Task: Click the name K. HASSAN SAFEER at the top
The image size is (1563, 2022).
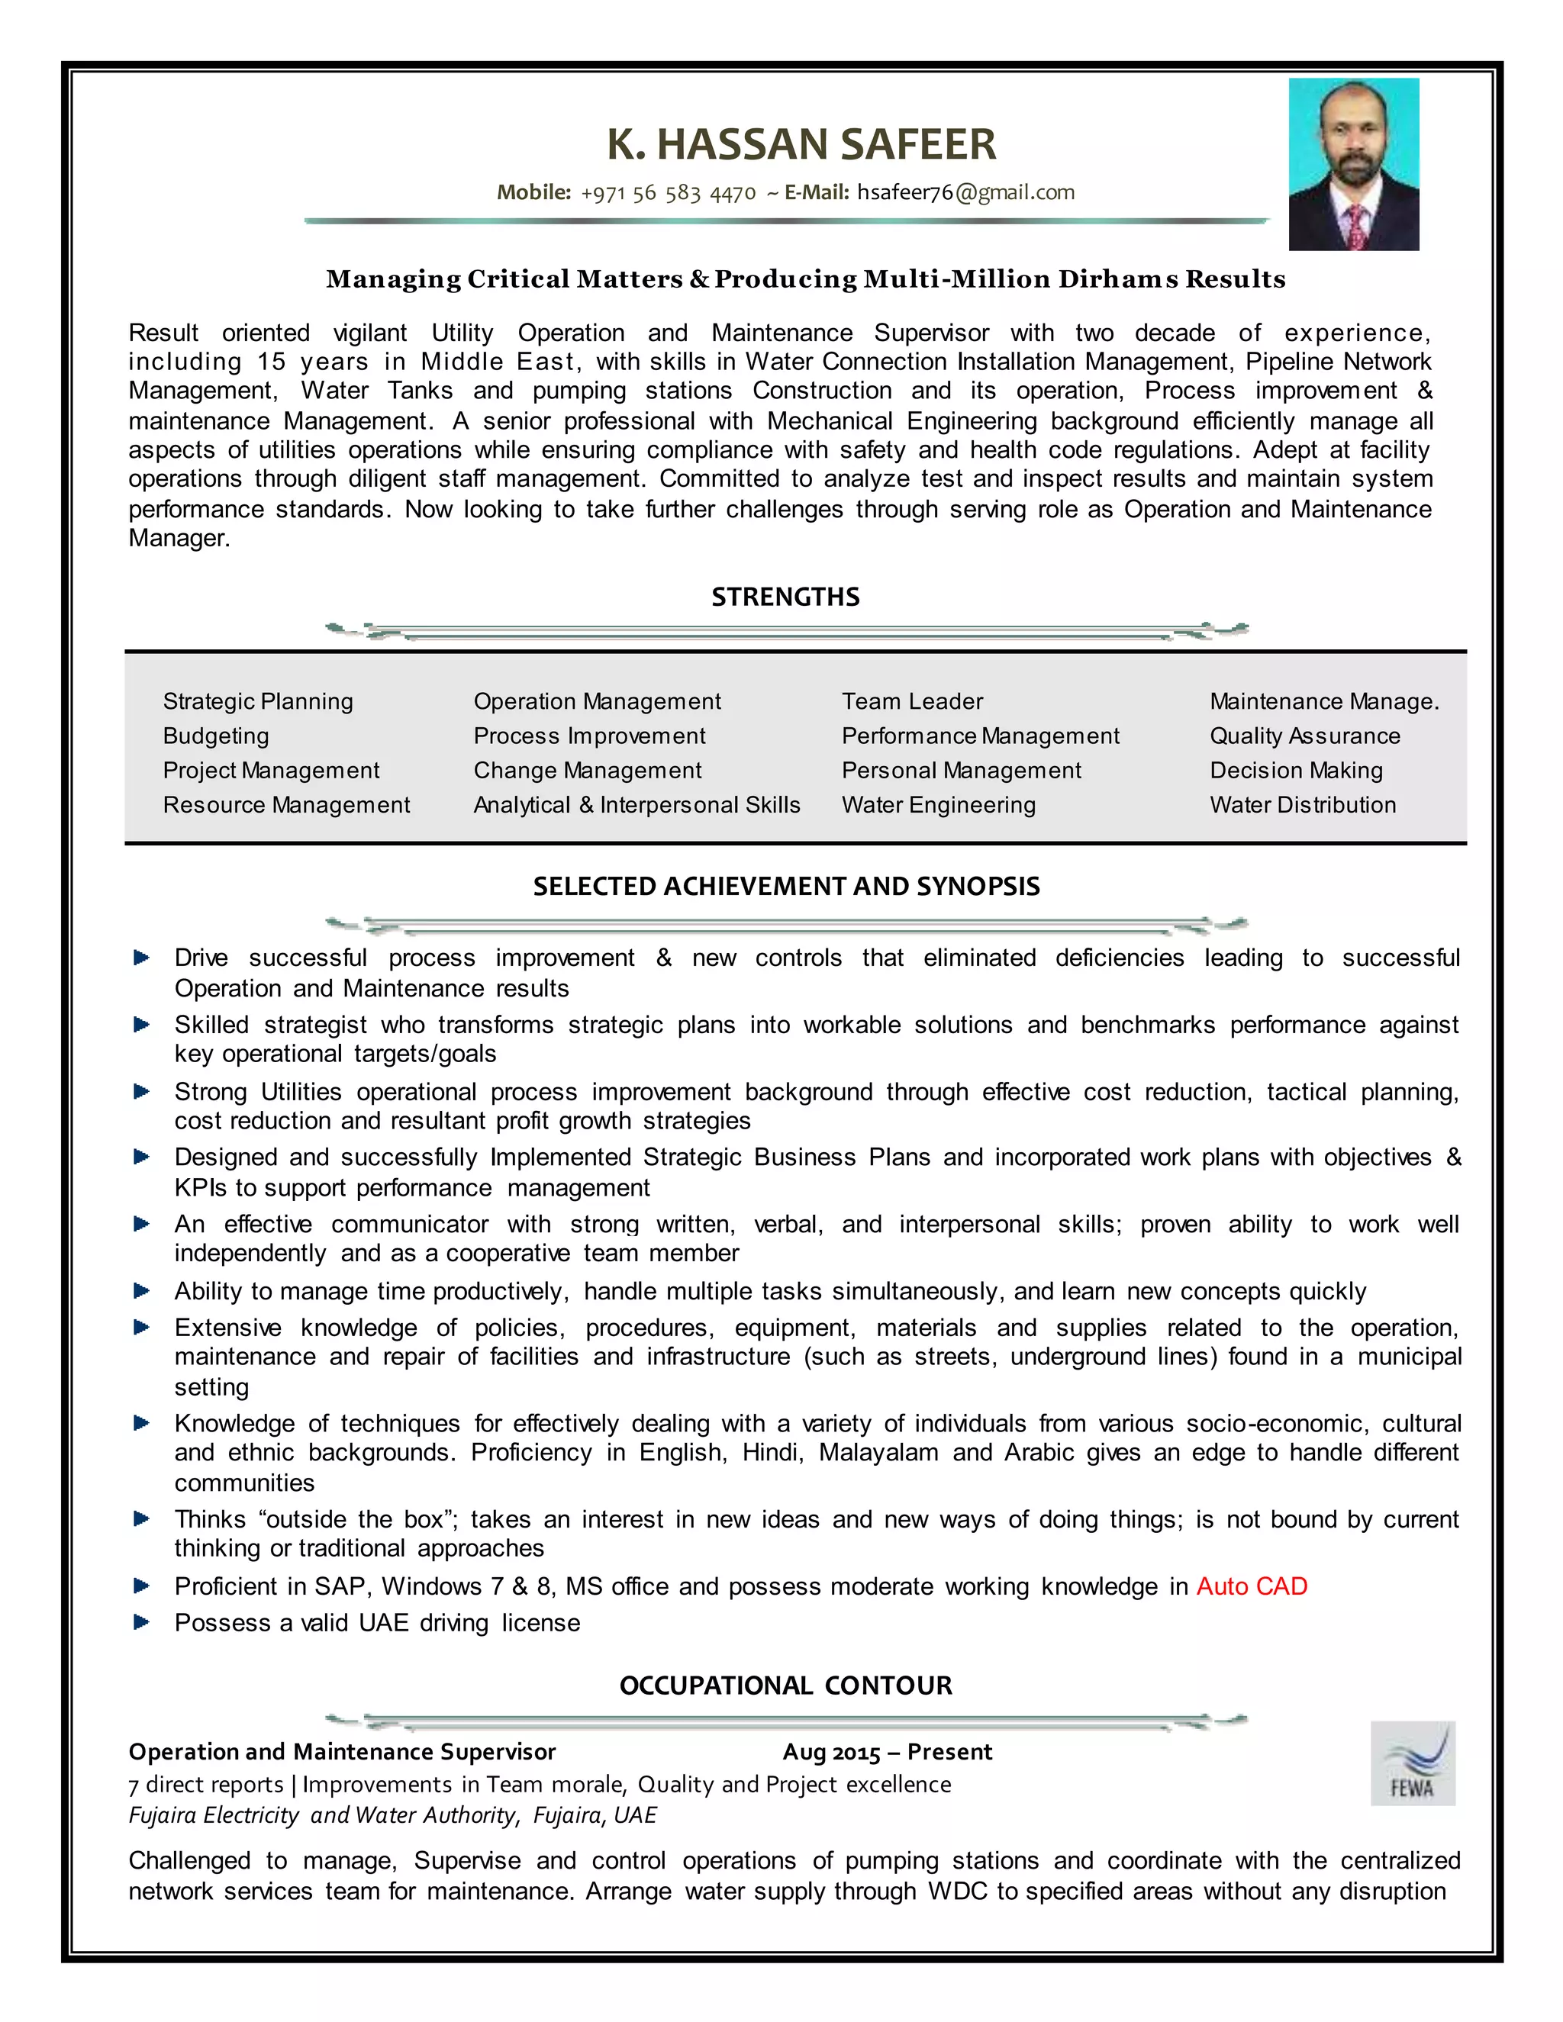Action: [x=801, y=144]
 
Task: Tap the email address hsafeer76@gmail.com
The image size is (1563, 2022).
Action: [x=965, y=192]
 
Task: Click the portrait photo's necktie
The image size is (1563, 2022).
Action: [x=1356, y=227]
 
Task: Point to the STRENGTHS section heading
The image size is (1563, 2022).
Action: [x=785, y=597]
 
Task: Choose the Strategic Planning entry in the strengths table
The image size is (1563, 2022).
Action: [x=257, y=702]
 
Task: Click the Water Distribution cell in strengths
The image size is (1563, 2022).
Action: [x=1302, y=806]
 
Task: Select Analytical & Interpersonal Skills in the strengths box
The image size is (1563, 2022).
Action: [x=636, y=806]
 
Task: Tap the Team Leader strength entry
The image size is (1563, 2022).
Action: [x=912, y=702]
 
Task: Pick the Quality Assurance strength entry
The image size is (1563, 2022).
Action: [x=1304, y=736]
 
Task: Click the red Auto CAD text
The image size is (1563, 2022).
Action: [x=1251, y=1587]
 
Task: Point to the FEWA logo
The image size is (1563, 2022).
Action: [x=1412, y=1763]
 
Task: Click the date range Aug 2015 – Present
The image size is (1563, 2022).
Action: [x=886, y=1752]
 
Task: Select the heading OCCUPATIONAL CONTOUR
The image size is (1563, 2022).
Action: [x=785, y=1686]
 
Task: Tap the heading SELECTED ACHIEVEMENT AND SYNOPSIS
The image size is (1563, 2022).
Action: [x=785, y=887]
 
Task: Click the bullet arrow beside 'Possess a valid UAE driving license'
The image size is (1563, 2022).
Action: [x=142, y=1622]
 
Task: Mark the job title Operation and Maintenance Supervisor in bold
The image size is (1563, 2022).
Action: [x=342, y=1752]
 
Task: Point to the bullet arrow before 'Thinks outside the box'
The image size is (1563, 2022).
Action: [x=142, y=1518]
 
